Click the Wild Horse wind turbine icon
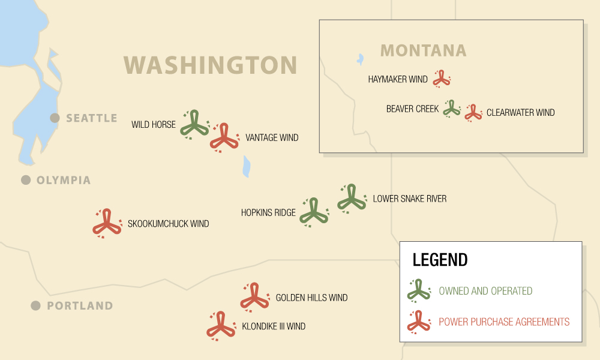(194, 124)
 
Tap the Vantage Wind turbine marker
(224, 137)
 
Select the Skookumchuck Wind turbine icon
(107, 223)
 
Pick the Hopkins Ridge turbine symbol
(313, 212)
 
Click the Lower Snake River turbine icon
(352, 198)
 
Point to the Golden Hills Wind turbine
(254, 296)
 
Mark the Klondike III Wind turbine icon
(220, 325)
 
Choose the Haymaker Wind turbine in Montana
(442, 78)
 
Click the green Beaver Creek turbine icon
(451, 109)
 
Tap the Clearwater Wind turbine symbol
(473, 113)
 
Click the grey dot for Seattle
(55, 118)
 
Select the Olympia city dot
(26, 180)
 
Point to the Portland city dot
(36, 305)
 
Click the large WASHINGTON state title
(211, 65)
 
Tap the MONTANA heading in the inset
(424, 50)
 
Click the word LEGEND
(440, 260)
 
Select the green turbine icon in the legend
(419, 290)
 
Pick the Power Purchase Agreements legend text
(504, 322)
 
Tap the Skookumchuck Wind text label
(168, 224)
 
